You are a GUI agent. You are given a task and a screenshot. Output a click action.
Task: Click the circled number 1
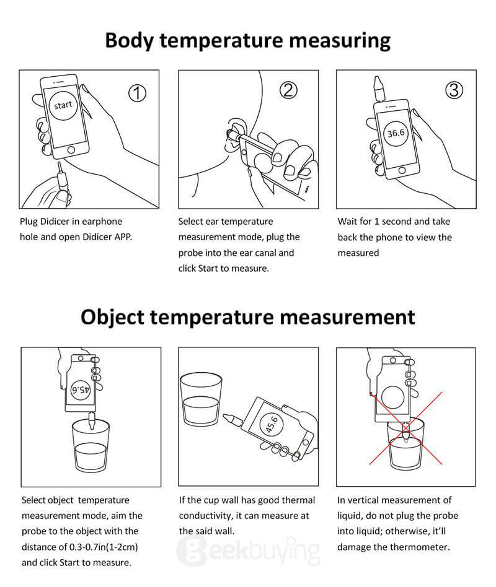click(137, 93)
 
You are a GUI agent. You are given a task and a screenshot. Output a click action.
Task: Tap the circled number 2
click(288, 90)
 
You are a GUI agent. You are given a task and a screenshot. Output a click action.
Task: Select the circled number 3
click(454, 90)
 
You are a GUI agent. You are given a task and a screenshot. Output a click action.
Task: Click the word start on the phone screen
click(63, 105)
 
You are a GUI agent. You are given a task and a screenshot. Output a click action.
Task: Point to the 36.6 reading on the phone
click(396, 133)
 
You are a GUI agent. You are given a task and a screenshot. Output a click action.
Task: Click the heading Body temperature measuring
click(248, 40)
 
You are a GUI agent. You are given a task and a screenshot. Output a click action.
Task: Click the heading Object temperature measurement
click(248, 317)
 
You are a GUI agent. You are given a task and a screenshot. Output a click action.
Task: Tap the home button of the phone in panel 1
click(73, 150)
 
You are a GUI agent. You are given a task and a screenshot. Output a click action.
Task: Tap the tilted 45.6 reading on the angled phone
click(272, 424)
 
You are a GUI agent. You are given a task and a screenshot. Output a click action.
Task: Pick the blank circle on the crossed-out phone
click(396, 396)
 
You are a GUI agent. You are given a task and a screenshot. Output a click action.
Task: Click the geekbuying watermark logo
click(248, 550)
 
